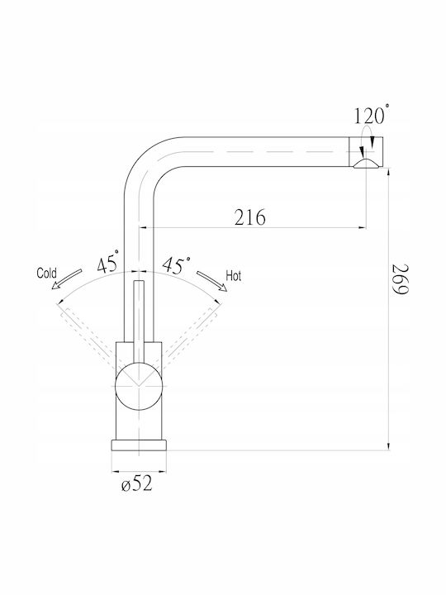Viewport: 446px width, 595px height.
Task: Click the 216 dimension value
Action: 250,217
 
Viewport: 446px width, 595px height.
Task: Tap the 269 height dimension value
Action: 400,279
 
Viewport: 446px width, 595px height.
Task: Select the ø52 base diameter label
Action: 137,483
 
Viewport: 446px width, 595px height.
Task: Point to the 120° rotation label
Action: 369,115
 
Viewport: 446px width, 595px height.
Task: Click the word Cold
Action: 46,273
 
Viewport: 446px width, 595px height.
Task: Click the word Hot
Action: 233,276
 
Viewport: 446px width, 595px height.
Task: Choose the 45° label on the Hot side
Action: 177,264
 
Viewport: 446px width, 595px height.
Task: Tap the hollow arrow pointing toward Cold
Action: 66,279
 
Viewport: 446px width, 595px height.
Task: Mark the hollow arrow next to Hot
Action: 211,281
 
